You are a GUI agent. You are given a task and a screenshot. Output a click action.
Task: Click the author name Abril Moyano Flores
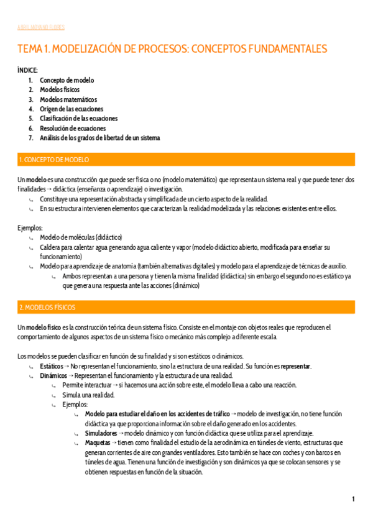pos(41,27)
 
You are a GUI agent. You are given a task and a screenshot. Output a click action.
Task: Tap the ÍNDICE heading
pos(27,71)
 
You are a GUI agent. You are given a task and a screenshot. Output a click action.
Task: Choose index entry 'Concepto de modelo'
pos(67,80)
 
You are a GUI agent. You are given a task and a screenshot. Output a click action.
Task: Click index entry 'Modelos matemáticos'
pos(68,99)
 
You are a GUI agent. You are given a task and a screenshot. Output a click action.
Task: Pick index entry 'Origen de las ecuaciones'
pos(71,109)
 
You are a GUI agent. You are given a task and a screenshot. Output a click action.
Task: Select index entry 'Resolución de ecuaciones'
pos(73,128)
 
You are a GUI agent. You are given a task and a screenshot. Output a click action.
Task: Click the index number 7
pos(31,137)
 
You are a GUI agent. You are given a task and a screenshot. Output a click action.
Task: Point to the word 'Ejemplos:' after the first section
pos(29,228)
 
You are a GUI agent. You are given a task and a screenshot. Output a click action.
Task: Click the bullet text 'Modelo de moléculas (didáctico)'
pos(81,237)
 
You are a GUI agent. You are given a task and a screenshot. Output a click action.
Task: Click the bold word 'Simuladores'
pos(101,415)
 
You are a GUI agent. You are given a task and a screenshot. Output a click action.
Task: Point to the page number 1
pos(353,499)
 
